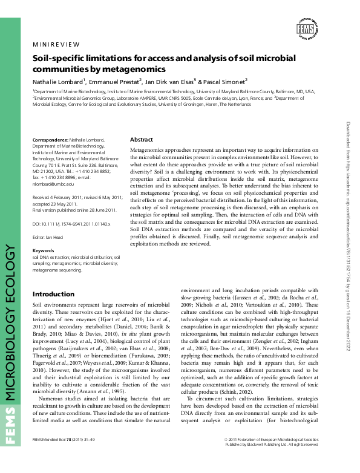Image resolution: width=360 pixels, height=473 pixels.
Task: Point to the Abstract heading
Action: click(x=142, y=139)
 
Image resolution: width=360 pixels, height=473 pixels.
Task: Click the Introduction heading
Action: click(x=53, y=294)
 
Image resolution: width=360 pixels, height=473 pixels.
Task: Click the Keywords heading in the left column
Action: click(x=43, y=267)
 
